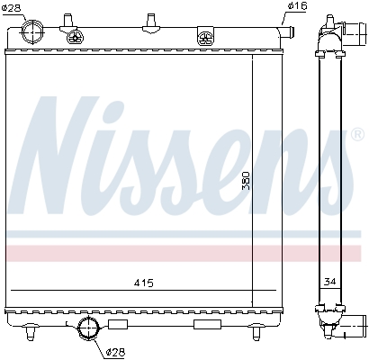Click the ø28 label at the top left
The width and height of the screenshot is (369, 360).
click(13, 8)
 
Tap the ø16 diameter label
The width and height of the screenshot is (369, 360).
click(296, 8)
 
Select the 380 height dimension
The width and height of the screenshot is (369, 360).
click(245, 184)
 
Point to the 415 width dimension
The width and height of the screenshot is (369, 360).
click(143, 283)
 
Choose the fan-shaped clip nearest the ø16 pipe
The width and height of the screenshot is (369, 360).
click(206, 37)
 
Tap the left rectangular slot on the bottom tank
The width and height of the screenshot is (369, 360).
click(117, 322)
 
